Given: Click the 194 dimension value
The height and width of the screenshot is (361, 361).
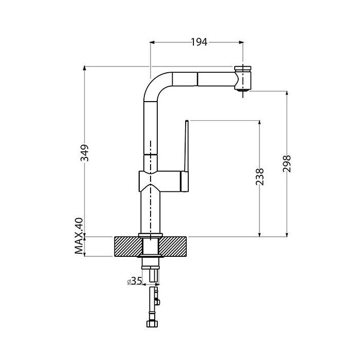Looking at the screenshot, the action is click(199, 42).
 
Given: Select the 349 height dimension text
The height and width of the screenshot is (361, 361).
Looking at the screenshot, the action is click(85, 153).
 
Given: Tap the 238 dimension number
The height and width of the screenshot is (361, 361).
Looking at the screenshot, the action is click(260, 176).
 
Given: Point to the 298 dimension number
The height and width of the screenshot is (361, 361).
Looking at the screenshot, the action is click(287, 163).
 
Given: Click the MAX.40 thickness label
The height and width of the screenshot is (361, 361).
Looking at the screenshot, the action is click(79, 236).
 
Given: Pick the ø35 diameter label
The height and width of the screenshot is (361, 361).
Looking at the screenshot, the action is click(135, 281).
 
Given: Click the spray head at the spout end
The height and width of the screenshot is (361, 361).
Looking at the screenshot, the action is click(243, 78).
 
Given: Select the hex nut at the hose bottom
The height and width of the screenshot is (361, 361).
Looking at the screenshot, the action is click(152, 323).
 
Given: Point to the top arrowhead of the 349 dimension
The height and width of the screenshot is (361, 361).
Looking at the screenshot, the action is click(85, 68).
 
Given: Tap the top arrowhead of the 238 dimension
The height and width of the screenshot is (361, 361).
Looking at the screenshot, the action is click(260, 123).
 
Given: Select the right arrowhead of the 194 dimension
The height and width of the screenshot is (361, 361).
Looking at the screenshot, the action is click(241, 42).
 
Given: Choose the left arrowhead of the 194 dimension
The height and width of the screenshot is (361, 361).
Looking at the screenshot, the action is click(153, 42).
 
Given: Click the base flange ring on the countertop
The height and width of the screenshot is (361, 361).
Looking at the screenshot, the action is click(151, 235).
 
